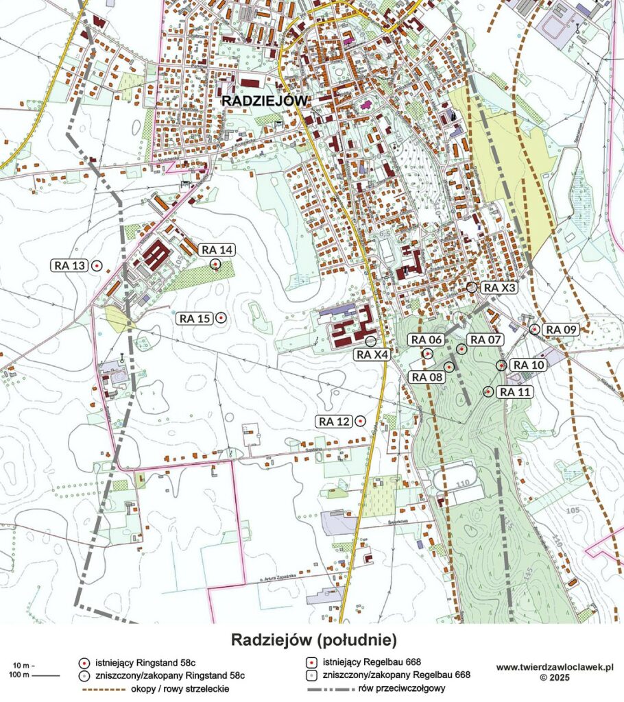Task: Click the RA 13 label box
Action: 71,265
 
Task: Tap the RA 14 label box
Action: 216,250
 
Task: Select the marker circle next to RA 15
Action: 221,318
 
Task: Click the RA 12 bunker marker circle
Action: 360,421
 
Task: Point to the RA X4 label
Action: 372,354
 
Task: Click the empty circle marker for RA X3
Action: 472,287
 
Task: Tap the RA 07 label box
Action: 485,339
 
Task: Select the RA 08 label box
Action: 427,376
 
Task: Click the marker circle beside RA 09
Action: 535,330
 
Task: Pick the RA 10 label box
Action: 529,365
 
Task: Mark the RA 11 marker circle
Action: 488,392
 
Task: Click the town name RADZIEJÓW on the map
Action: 265,101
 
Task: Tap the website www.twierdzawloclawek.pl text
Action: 555,667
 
